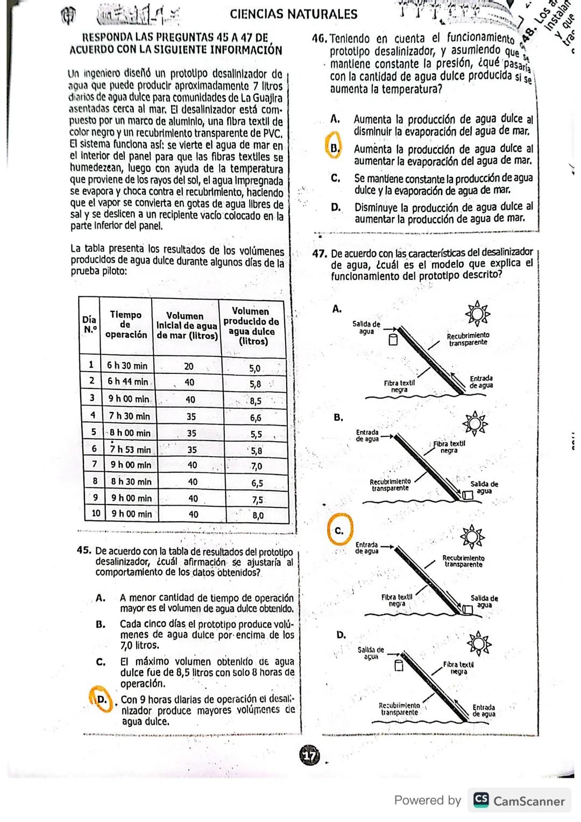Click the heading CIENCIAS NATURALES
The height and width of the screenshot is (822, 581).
[x=293, y=14]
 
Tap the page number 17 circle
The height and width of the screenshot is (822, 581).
[x=309, y=756]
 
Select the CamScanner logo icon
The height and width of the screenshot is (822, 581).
[x=481, y=800]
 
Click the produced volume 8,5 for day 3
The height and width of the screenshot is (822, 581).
[x=256, y=401]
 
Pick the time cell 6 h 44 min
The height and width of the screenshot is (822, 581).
[x=127, y=381]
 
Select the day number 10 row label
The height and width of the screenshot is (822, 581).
[x=96, y=513]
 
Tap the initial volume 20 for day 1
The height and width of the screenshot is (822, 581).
[x=189, y=366]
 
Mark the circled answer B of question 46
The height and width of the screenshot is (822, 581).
[x=334, y=147]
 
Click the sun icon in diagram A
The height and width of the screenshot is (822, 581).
[x=477, y=313]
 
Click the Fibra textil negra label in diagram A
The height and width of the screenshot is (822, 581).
[x=399, y=386]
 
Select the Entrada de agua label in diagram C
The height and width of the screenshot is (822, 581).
[x=367, y=548]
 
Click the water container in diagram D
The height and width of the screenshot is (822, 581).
[x=399, y=666]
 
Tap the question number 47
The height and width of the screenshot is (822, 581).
[x=320, y=253]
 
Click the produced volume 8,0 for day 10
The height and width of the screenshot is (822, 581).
[x=258, y=515]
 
